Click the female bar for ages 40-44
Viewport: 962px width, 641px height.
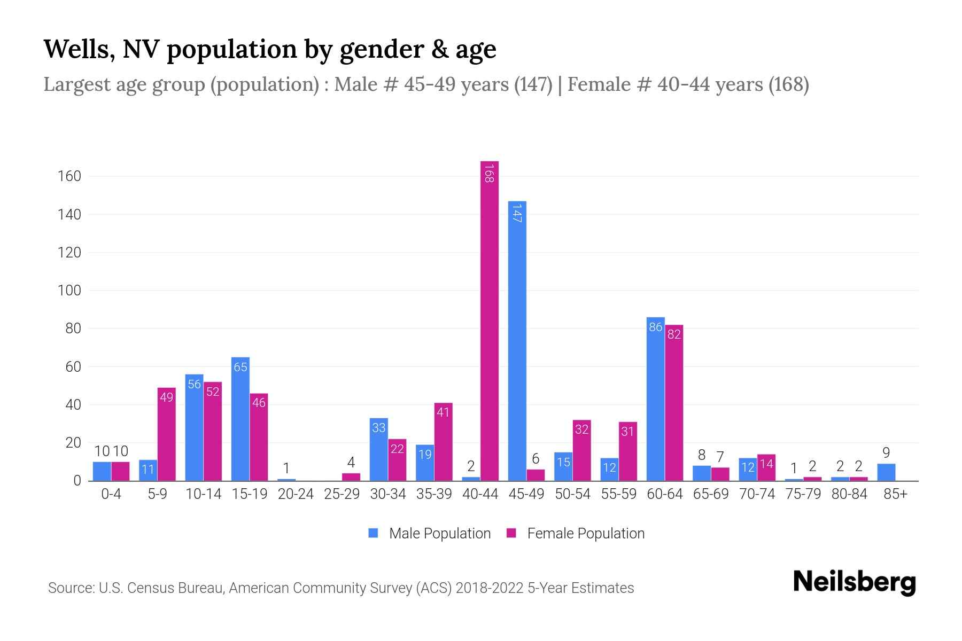point(490,320)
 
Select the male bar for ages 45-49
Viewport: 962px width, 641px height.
point(517,342)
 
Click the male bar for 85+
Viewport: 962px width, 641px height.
point(886,472)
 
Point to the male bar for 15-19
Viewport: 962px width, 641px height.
point(240,419)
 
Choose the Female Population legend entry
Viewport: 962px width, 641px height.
point(576,533)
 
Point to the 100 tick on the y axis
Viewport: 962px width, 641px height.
point(69,291)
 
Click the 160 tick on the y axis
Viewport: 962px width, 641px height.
point(69,176)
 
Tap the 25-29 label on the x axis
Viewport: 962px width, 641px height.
point(342,494)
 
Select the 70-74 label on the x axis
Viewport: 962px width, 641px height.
point(757,494)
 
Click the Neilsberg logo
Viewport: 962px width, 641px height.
point(854,582)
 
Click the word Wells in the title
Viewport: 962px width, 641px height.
point(76,49)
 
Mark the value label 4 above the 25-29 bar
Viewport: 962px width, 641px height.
point(351,462)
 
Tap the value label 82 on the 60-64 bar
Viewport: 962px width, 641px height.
point(674,334)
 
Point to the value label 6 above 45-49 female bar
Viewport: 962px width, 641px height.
point(536,459)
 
